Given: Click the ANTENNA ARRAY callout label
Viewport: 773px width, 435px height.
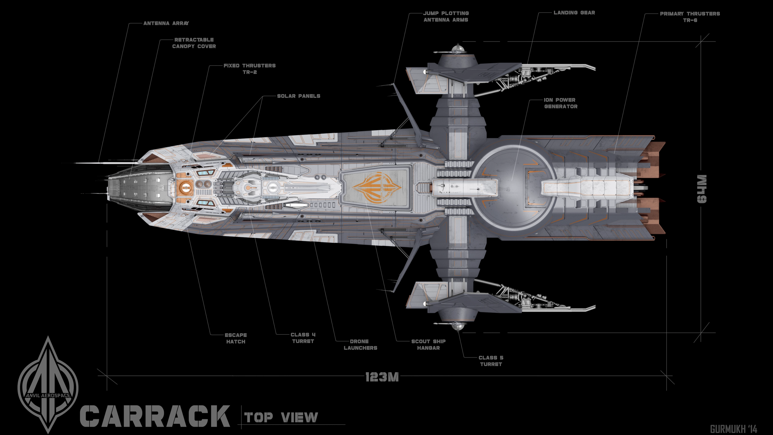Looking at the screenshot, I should [x=166, y=23].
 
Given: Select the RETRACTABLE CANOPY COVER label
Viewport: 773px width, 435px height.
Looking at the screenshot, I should [x=194, y=43].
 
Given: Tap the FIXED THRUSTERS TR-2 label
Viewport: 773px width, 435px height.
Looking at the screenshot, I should [x=249, y=69].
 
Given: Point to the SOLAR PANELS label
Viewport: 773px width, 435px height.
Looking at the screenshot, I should [x=298, y=96].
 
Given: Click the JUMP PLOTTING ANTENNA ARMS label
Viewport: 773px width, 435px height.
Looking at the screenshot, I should [x=446, y=17].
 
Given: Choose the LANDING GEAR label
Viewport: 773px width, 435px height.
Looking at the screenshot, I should [x=574, y=13].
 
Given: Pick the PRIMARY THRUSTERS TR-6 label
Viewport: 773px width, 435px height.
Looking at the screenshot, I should [x=690, y=17].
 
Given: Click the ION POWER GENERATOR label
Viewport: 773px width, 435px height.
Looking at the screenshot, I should [x=560, y=103].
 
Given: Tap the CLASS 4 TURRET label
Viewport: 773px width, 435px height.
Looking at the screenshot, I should [x=303, y=338].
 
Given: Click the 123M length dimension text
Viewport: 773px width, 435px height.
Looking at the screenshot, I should [x=382, y=377].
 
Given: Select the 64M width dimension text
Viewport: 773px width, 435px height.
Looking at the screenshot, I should [x=702, y=189].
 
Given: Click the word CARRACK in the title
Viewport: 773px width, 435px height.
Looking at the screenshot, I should [x=155, y=416].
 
